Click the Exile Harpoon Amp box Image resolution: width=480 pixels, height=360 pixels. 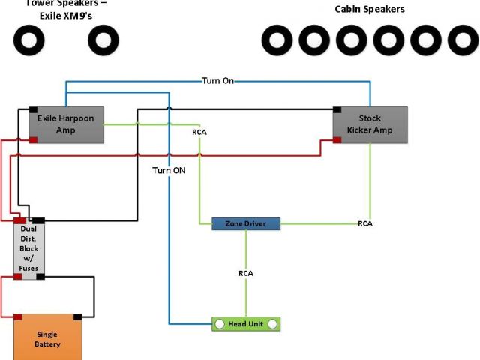(x=67, y=124)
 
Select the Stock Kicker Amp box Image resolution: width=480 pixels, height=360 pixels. (x=370, y=124)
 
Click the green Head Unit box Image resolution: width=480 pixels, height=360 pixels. (x=247, y=323)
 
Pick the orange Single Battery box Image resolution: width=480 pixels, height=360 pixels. (x=47, y=338)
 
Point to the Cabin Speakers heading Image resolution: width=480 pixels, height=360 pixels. (x=370, y=9)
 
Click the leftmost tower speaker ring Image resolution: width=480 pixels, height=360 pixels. (x=29, y=39)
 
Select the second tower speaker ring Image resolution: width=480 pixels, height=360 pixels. (x=103, y=39)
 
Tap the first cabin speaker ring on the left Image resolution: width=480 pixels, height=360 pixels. (x=276, y=39)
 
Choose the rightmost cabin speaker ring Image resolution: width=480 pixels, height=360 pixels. (x=463, y=39)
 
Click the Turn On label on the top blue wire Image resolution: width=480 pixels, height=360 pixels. (x=217, y=80)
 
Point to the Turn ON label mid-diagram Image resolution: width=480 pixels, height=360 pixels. (x=169, y=169)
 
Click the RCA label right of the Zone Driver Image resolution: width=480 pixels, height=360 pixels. (x=365, y=223)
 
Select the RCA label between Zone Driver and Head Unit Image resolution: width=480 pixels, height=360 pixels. (x=245, y=273)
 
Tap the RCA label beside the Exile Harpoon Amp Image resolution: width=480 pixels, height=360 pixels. (x=199, y=133)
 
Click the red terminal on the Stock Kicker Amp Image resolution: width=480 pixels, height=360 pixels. (x=337, y=139)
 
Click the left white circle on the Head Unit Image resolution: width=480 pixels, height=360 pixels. (x=220, y=323)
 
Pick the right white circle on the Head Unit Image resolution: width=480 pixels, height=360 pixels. (x=273, y=323)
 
